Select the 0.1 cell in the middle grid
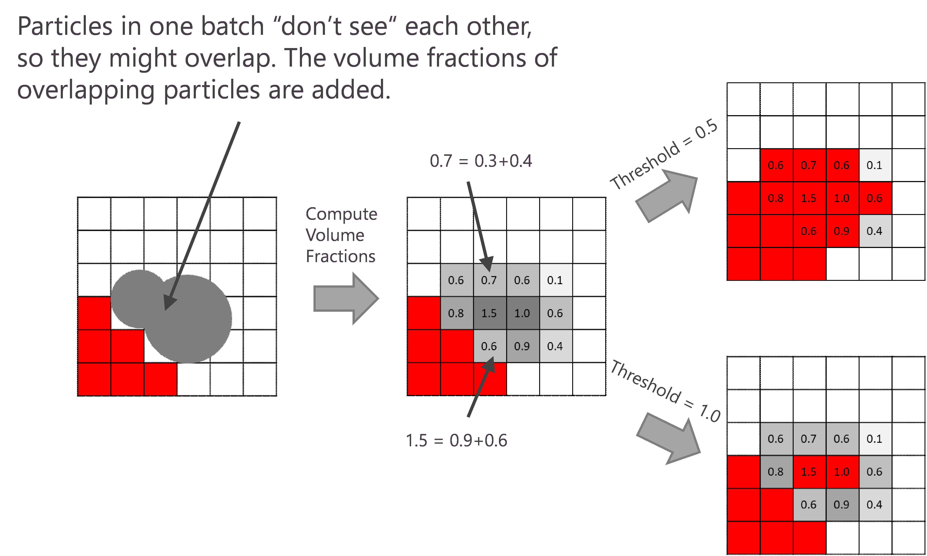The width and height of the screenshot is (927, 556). [555, 280]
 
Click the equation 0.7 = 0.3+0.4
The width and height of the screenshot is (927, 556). [481, 161]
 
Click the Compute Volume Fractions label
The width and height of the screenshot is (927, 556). [341, 235]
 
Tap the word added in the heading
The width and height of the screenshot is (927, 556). [350, 90]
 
